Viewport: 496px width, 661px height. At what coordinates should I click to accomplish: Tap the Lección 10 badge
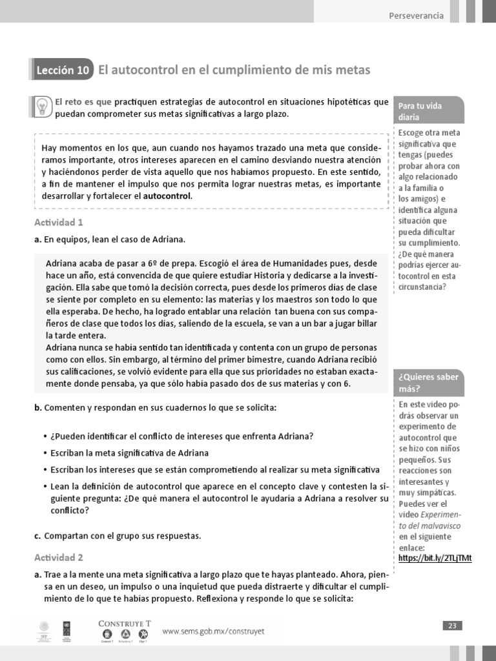tap(63, 70)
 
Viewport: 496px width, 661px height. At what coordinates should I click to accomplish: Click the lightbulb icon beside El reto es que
tap(42, 105)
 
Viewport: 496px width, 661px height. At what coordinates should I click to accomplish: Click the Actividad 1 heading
tap(59, 223)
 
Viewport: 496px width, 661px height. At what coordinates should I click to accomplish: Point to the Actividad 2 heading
tap(59, 557)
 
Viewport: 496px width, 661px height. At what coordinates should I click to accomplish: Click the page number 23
tap(452, 625)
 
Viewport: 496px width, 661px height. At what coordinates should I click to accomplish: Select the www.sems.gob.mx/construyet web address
tap(213, 631)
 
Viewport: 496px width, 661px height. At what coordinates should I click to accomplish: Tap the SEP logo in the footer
tap(44, 630)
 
